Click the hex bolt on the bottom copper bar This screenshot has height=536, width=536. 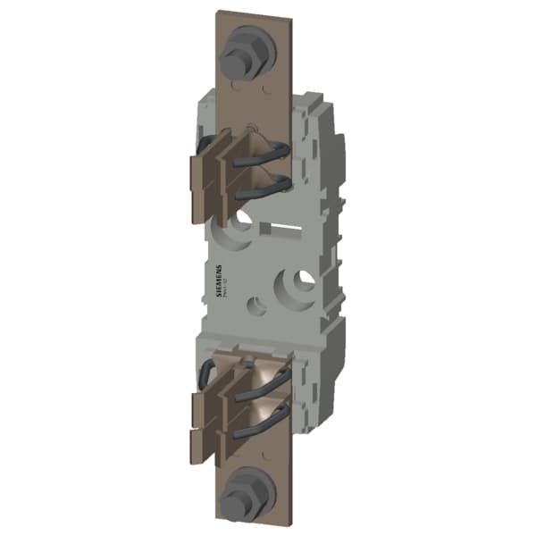pos(243,490)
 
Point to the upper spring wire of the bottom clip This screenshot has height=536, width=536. pos(270,383)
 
